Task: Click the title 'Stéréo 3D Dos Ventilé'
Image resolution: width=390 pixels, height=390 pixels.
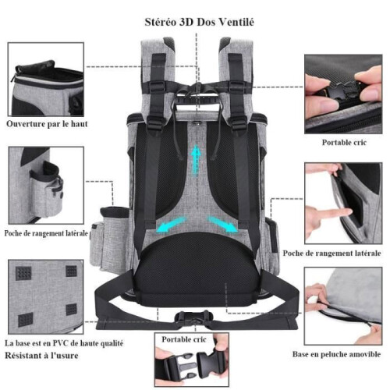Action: click(200, 22)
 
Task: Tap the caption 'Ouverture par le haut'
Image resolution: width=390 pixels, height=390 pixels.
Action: click(47, 124)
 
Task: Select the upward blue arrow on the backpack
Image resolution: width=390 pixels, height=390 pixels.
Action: click(196, 159)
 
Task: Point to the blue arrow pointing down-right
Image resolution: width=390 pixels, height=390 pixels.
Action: click(222, 224)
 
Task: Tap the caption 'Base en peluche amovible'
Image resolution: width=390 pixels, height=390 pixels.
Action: click(336, 354)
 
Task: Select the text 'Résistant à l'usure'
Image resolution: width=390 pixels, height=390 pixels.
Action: click(41, 356)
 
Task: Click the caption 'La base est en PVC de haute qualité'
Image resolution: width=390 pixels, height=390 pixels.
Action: click(64, 343)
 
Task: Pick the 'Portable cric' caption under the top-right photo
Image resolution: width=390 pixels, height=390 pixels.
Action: click(344, 143)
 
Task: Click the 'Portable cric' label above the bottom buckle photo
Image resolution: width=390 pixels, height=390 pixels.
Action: click(184, 339)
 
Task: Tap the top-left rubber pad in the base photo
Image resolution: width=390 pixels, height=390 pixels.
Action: click(23, 273)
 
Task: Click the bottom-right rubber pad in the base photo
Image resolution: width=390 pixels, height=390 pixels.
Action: click(72, 310)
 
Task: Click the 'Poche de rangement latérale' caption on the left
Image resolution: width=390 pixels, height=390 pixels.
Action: click(46, 233)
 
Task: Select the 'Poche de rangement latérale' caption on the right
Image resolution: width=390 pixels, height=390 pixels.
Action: click(331, 253)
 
